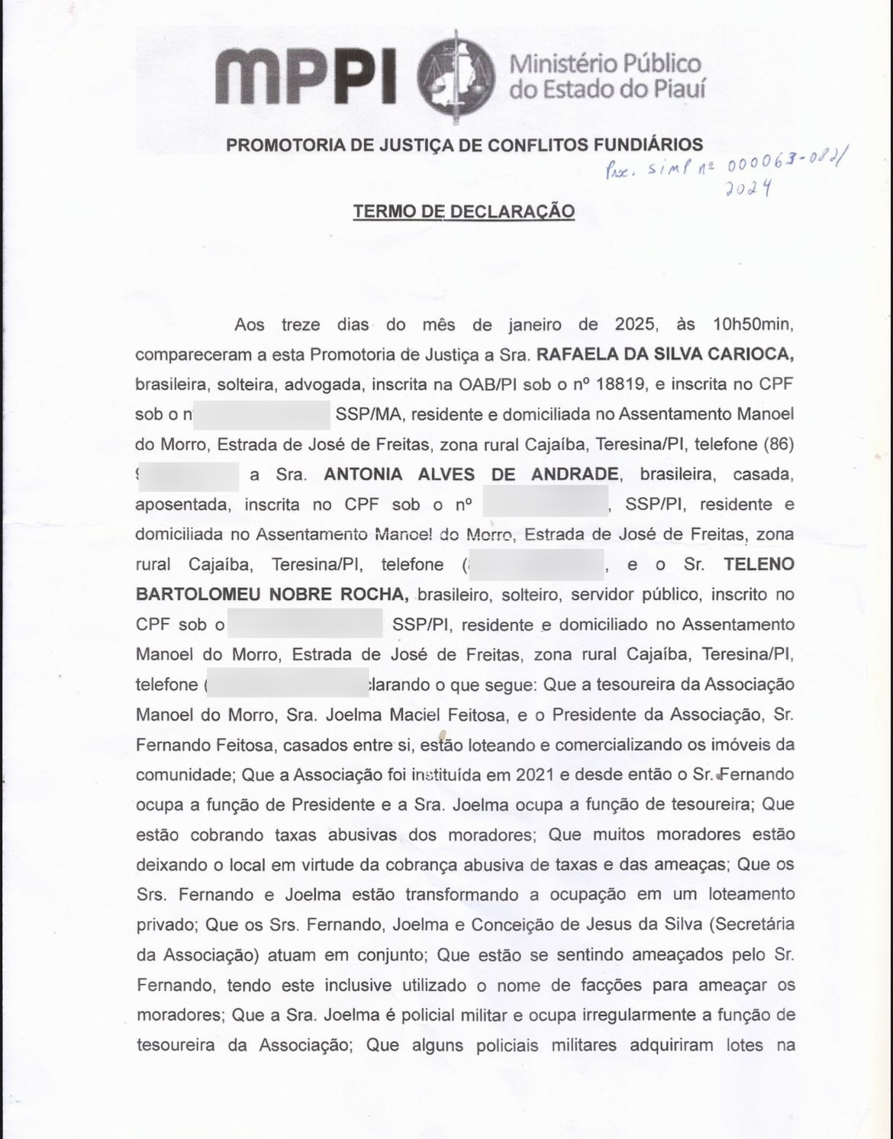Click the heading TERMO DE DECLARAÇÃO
pos(463,211)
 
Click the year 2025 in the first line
pos(635,324)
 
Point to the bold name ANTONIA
pos(363,474)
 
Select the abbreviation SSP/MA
pos(365,415)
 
